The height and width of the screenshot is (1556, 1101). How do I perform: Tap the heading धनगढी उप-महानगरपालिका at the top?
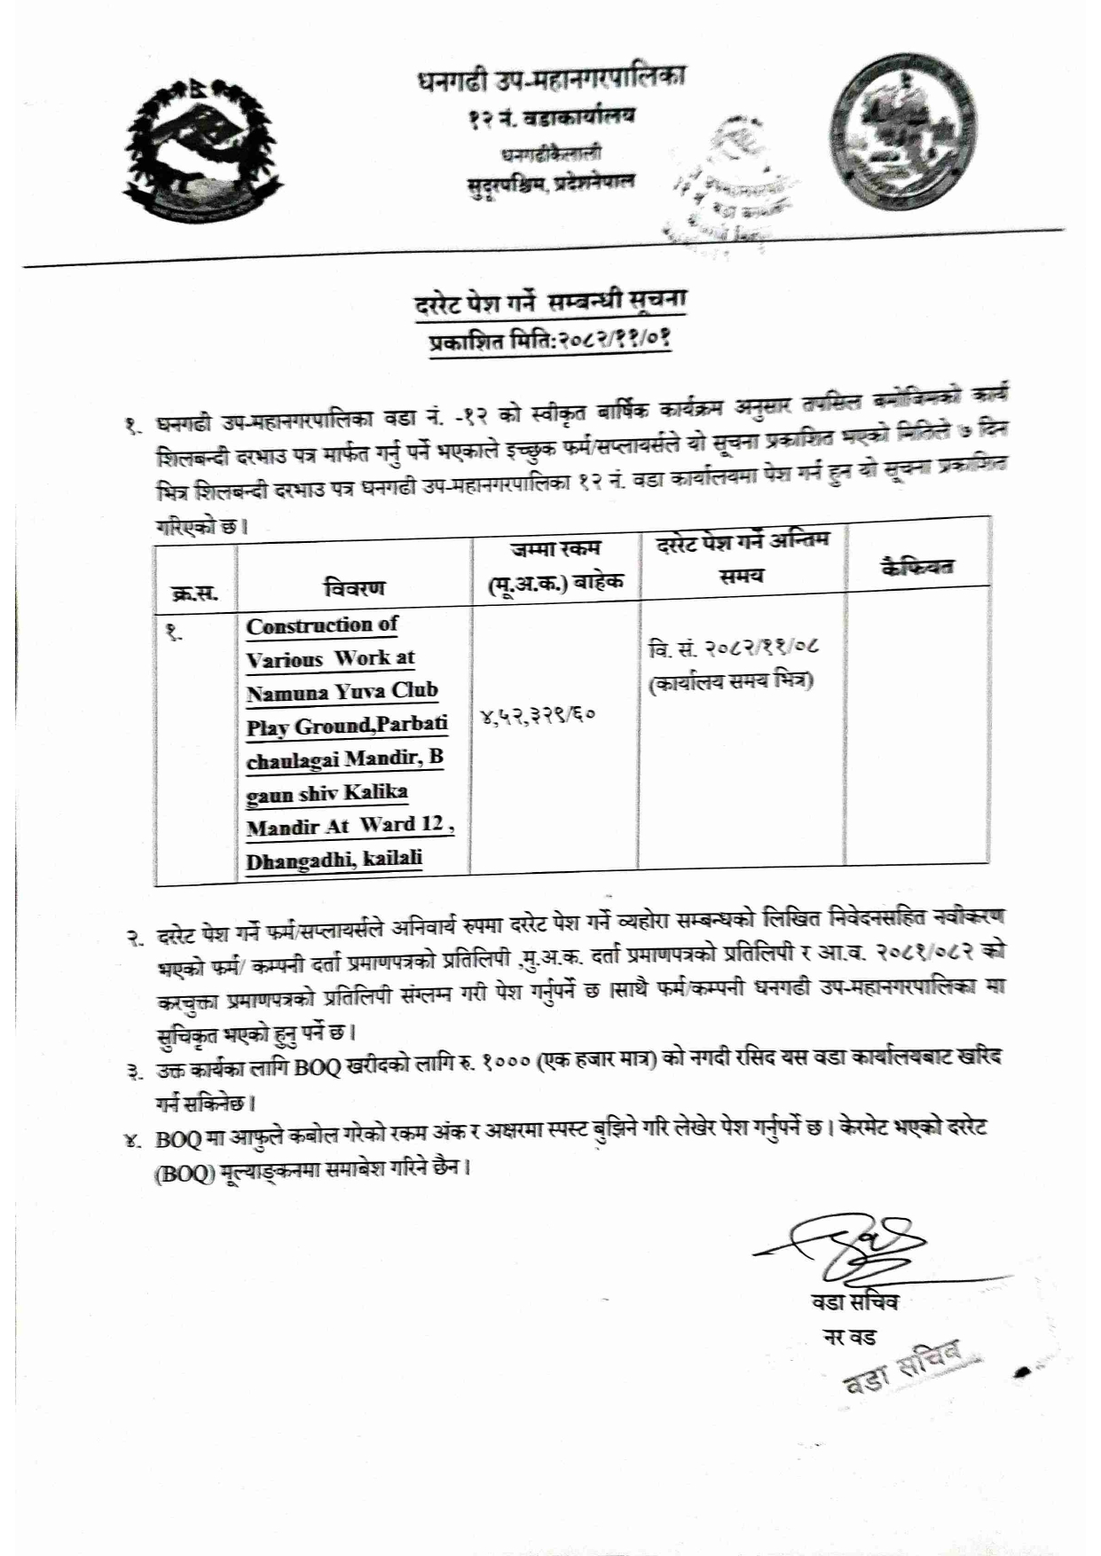coord(550,80)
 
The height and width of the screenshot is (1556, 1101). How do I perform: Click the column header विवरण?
coord(354,587)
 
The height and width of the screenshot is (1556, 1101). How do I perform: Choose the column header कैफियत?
coord(916,566)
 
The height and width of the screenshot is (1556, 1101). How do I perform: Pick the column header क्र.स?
coord(195,593)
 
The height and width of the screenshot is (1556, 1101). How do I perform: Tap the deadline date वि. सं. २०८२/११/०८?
coord(733,647)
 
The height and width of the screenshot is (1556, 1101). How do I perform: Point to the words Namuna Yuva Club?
coord(342,692)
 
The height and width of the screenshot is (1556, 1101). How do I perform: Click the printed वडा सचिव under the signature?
coord(854,1302)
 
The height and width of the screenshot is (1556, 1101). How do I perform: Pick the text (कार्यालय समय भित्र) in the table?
coord(731,682)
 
